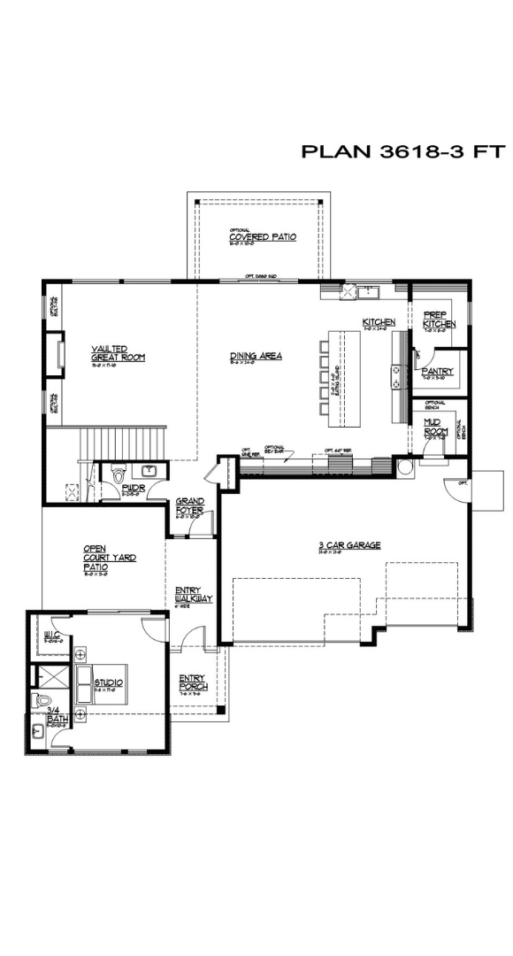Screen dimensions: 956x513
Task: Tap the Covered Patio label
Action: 263,237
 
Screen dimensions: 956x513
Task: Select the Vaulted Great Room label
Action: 118,353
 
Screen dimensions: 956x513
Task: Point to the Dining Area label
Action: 256,356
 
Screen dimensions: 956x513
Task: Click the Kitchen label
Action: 379,322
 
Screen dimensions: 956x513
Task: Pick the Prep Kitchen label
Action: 439,320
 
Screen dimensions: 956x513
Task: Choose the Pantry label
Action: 438,372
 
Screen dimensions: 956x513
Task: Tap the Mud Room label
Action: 433,427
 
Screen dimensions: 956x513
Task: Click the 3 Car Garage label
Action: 350,545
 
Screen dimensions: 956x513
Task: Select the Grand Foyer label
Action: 189,505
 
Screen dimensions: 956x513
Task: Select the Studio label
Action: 108,682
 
